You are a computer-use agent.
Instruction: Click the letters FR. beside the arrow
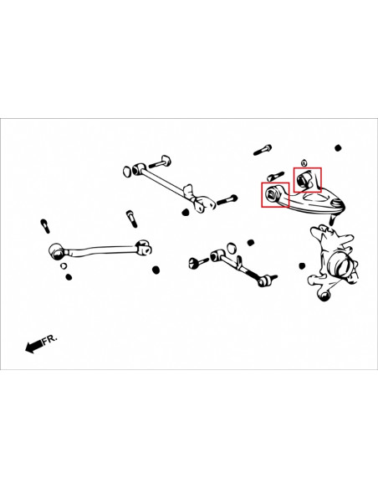[50, 339]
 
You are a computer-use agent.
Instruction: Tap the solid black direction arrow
[33, 346]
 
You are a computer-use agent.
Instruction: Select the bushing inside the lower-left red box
[269, 193]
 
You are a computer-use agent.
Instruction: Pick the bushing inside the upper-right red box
[302, 180]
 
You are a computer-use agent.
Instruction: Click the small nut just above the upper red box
[304, 162]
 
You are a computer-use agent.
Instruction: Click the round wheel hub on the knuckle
[343, 265]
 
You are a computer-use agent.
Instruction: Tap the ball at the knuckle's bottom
[324, 296]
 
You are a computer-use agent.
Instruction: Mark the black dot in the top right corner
[338, 148]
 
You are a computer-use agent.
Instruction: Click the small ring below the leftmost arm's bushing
[64, 266]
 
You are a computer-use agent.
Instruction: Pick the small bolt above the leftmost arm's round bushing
[45, 226]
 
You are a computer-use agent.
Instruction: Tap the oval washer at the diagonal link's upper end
[127, 171]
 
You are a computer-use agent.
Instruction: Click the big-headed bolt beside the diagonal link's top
[161, 162]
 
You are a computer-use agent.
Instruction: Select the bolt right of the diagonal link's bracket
[227, 199]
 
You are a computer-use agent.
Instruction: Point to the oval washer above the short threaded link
[231, 249]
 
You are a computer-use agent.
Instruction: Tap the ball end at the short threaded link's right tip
[263, 281]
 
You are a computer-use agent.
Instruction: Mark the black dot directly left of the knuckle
[302, 266]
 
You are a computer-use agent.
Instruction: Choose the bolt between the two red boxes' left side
[275, 176]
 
